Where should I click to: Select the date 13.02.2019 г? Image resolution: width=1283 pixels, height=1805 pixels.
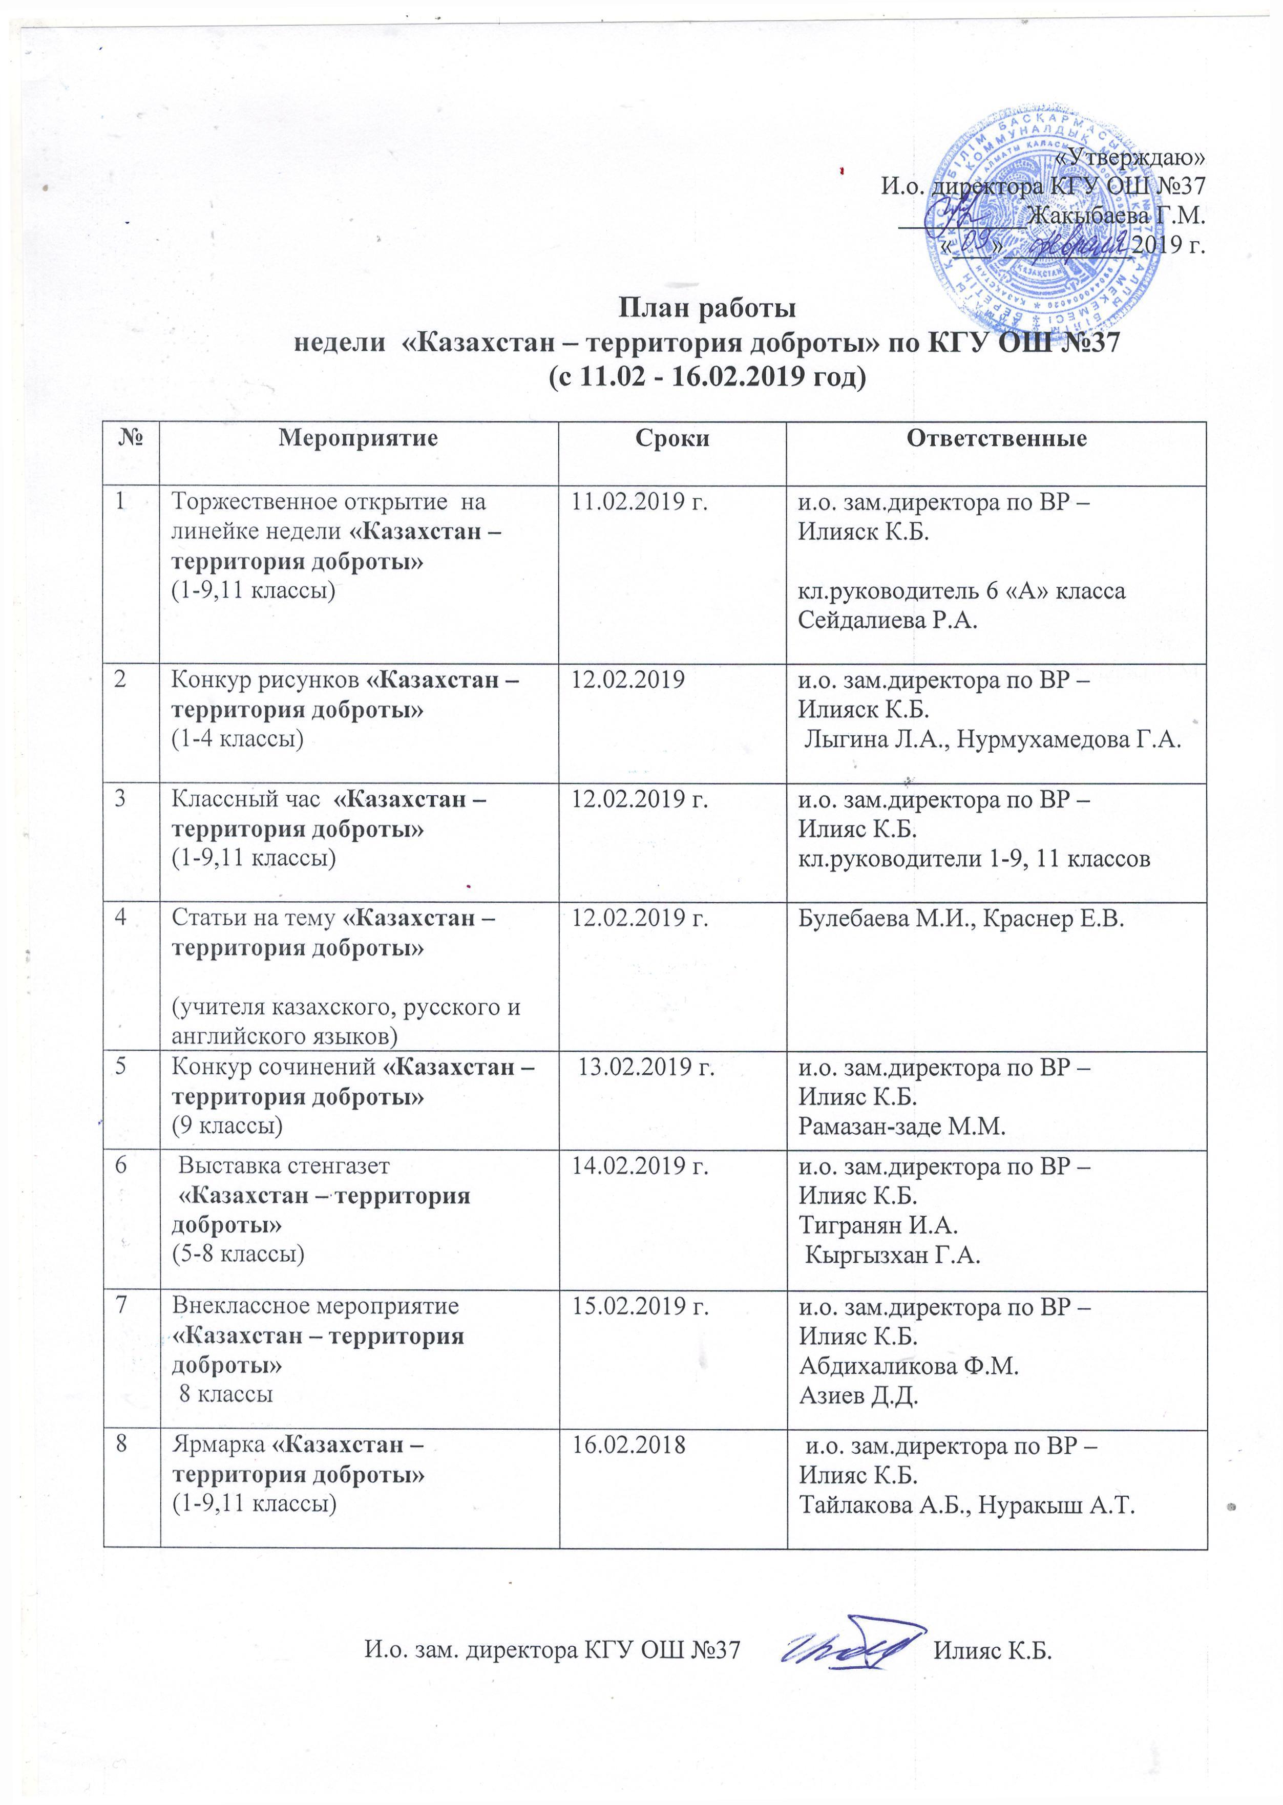(x=646, y=1067)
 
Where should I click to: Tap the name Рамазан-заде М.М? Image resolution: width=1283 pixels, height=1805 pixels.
(x=901, y=1127)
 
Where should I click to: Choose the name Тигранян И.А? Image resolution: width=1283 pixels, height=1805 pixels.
(x=878, y=1225)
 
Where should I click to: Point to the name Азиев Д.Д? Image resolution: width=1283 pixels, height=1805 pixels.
(x=858, y=1395)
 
